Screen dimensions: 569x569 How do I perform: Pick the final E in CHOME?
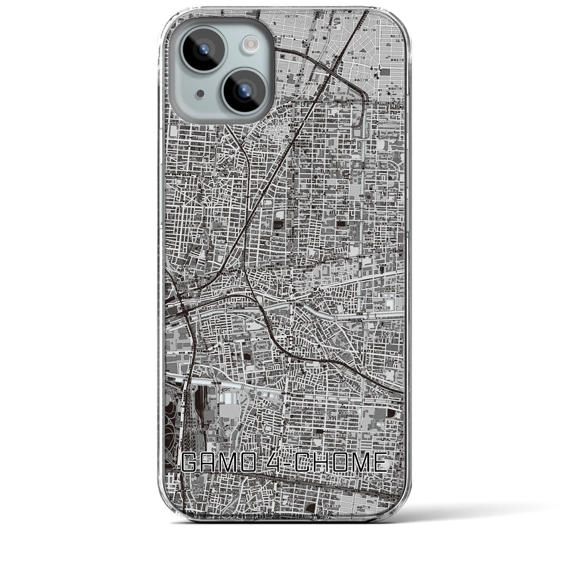tap(379, 464)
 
